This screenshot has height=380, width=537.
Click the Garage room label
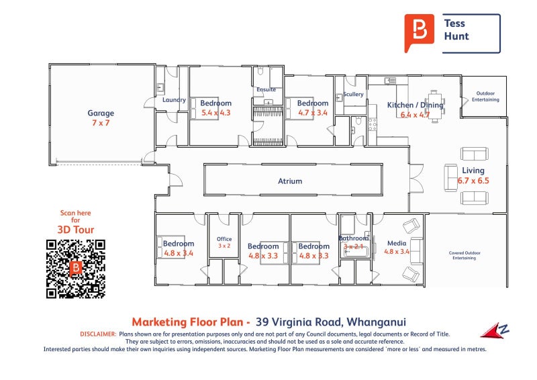pyautogui.click(x=101, y=113)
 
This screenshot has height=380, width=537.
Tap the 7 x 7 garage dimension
pyautogui.click(x=101, y=123)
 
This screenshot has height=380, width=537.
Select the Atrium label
pyautogui.click(x=290, y=181)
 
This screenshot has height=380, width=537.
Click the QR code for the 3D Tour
pyautogui.click(x=76, y=269)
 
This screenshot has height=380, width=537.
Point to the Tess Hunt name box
pyautogui.click(x=471, y=34)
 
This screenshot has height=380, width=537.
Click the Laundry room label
pyautogui.click(x=174, y=100)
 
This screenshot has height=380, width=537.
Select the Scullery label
pyautogui.click(x=353, y=95)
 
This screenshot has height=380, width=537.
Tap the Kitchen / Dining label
pyautogui.click(x=415, y=105)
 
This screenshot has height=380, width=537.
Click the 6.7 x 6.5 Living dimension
pyautogui.click(x=473, y=181)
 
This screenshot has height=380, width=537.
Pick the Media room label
pyautogui.click(x=397, y=244)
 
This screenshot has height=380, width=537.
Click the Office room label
pyautogui.click(x=224, y=239)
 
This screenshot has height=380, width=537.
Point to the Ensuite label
pyautogui.click(x=266, y=89)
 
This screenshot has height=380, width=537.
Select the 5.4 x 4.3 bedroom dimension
pyautogui.click(x=215, y=113)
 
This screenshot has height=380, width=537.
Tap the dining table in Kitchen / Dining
pyautogui.click(x=434, y=105)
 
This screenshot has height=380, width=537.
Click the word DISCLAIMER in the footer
pyautogui.click(x=98, y=334)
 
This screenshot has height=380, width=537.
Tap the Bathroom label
pyautogui.click(x=353, y=238)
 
